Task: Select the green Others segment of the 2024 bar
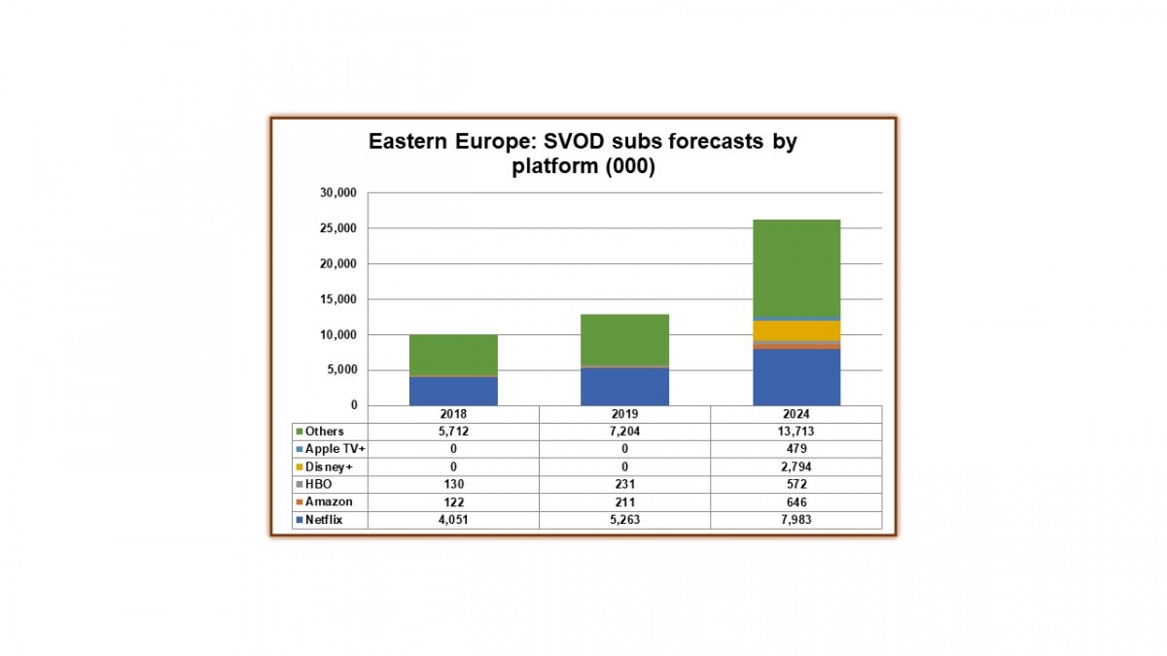click(796, 267)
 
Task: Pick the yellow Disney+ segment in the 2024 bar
click(796, 330)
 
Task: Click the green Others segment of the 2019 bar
click(624, 339)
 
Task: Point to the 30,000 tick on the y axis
click(338, 193)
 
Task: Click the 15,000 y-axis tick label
click(338, 299)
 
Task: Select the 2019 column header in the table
click(624, 414)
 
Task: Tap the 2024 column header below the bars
click(796, 414)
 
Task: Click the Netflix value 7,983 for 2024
click(796, 519)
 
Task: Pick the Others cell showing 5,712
click(453, 432)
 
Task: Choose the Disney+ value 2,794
click(796, 466)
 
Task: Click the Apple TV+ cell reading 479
click(796, 449)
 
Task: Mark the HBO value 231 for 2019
click(624, 484)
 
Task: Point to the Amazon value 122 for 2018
click(453, 501)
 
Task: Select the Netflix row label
click(323, 519)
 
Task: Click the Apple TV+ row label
click(333, 449)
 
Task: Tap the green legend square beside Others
click(300, 432)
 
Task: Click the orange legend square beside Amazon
click(300, 501)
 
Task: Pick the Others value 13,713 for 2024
click(796, 432)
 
